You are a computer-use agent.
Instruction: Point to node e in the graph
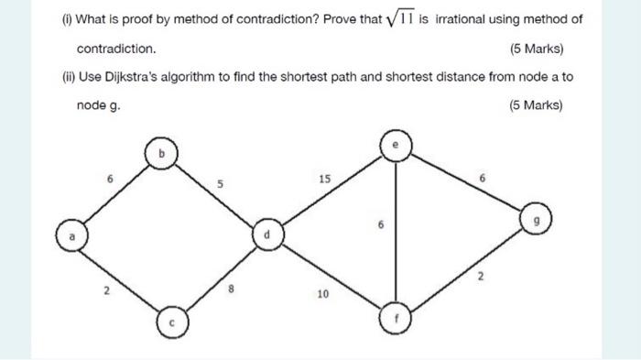(395, 145)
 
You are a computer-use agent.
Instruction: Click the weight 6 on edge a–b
(110, 180)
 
